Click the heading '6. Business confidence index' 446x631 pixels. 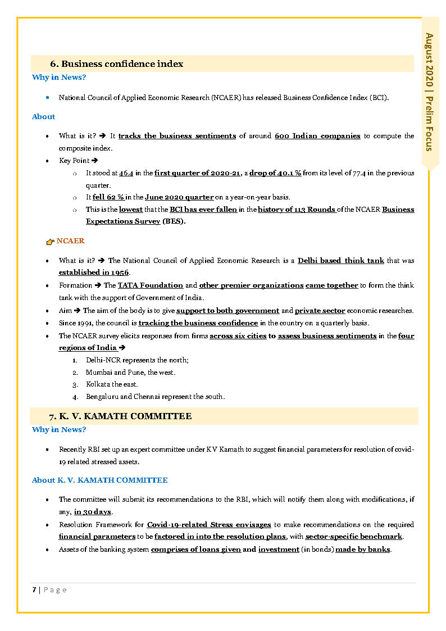(117, 64)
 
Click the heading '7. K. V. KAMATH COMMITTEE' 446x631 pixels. (120, 416)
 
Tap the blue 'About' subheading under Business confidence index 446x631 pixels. (43, 117)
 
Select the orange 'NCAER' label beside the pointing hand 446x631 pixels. (70, 241)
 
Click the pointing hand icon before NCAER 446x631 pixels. (51, 242)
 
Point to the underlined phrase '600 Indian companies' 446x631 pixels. (317, 136)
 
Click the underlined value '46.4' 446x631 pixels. (126, 173)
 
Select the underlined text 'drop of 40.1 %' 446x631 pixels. (275, 173)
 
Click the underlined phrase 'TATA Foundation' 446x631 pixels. (151, 285)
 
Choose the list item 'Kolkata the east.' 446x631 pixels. (111, 384)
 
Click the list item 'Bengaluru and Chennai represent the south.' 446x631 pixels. (155, 397)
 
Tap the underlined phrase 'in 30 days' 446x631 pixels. (93, 512)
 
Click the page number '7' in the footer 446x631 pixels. (34, 589)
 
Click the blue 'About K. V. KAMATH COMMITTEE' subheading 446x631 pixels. (99, 480)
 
